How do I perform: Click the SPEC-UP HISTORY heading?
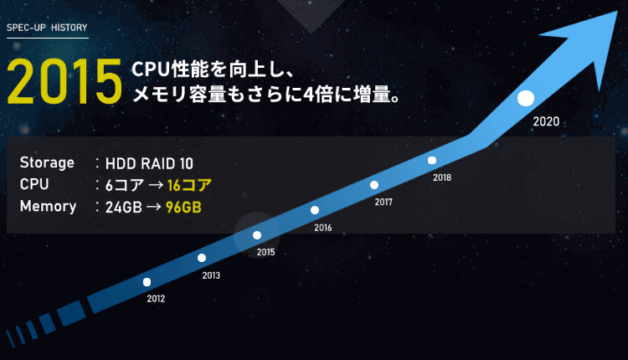click(x=47, y=28)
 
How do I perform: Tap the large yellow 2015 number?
click(x=64, y=82)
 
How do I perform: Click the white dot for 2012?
click(x=147, y=282)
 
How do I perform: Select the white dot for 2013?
click(x=202, y=258)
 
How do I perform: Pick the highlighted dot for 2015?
click(x=257, y=235)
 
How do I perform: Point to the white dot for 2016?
click(x=315, y=210)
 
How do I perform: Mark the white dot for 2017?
click(x=374, y=185)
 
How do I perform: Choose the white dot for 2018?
click(x=432, y=160)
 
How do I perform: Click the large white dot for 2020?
click(x=526, y=99)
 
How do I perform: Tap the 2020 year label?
click(x=546, y=121)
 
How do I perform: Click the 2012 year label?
click(x=156, y=299)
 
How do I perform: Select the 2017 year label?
click(x=383, y=203)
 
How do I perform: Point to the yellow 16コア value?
click(x=189, y=185)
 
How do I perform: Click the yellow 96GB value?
click(x=183, y=207)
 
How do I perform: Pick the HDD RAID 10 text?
click(x=149, y=163)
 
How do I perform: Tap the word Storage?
click(x=47, y=163)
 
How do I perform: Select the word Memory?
click(x=48, y=206)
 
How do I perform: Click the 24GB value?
click(x=123, y=207)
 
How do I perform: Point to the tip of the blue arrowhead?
click(x=617, y=11)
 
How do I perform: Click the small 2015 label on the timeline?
click(x=265, y=252)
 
